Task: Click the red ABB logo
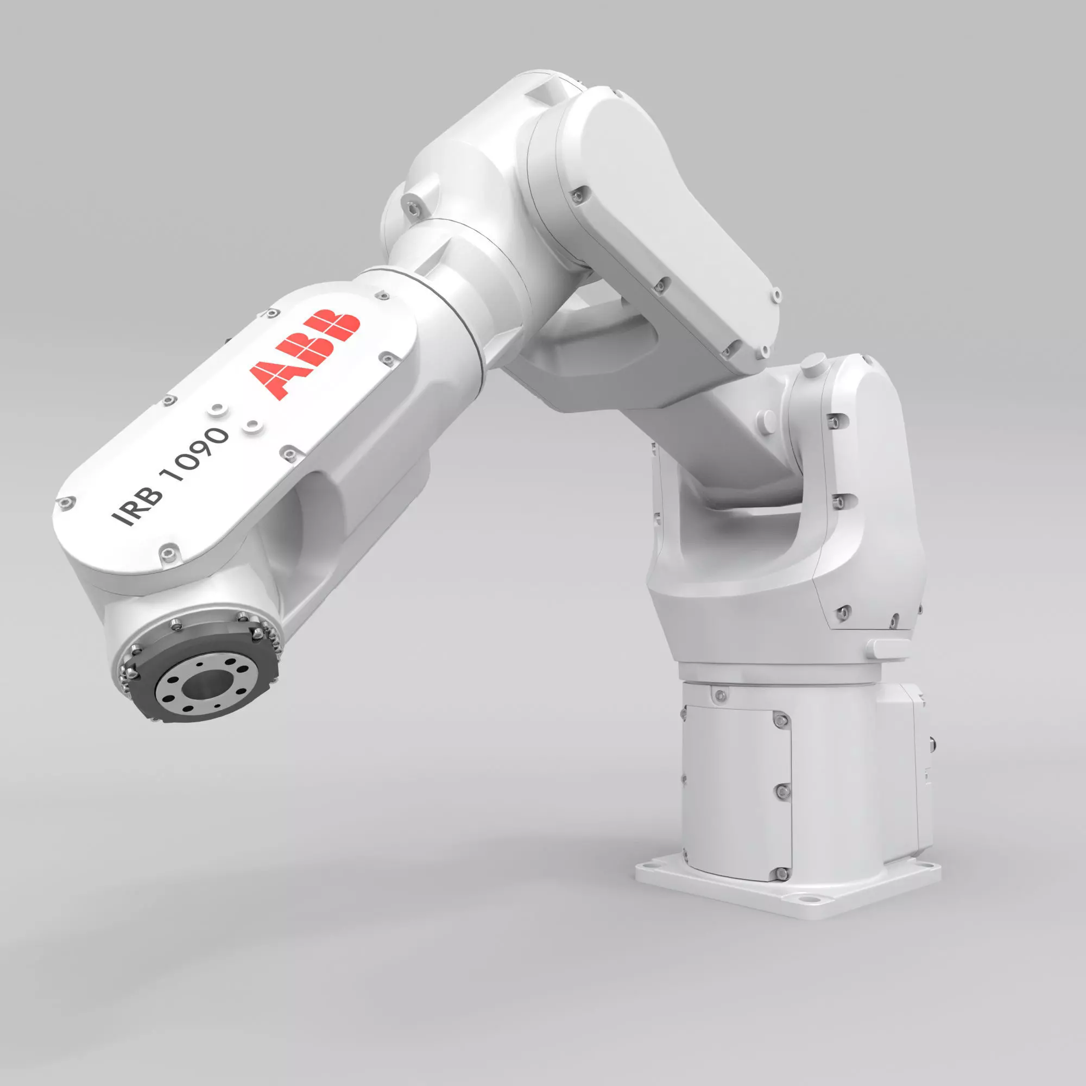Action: pos(304,354)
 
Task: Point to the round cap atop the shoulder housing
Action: pos(813,363)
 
